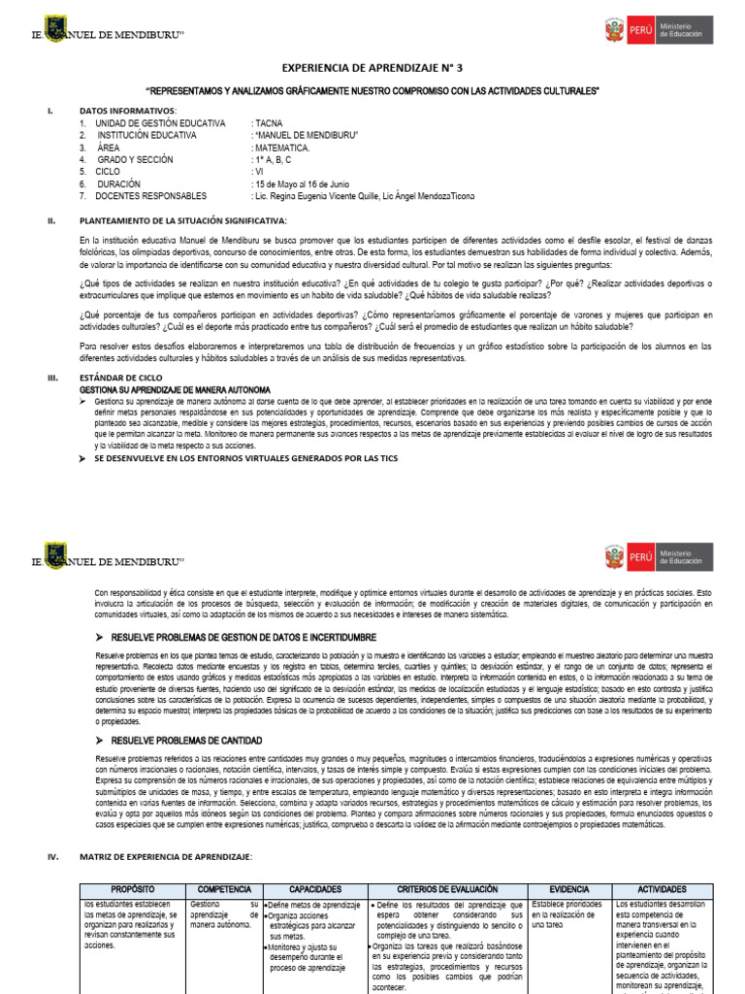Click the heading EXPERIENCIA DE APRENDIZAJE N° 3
click(372, 70)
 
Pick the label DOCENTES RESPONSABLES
click(150, 194)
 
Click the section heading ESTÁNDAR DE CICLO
click(121, 377)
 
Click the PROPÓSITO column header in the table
click(132, 888)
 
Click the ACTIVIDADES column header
click(662, 888)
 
